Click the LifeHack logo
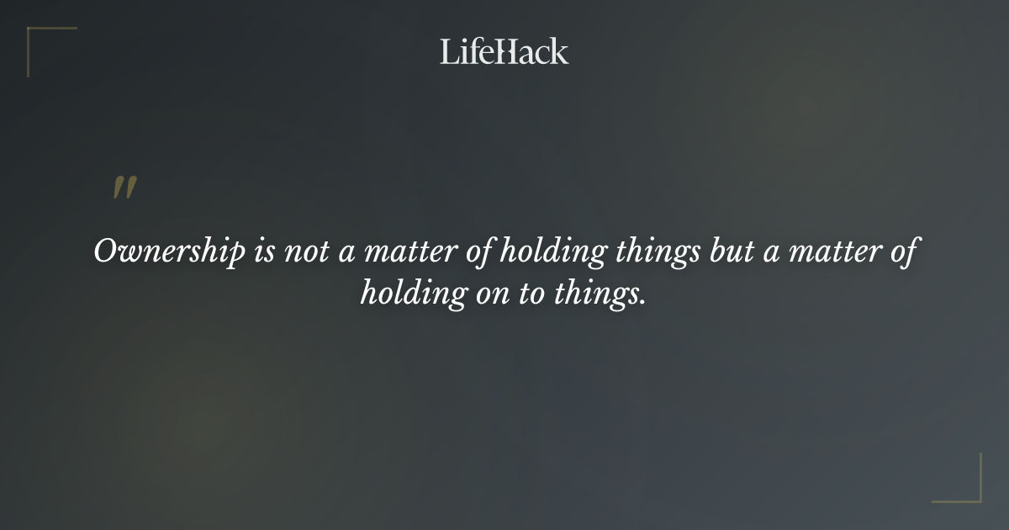504,51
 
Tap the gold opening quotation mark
124,188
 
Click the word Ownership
169,252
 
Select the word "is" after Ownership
263,252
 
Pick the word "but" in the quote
731,252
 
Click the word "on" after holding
492,294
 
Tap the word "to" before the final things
533,294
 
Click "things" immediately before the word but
656,252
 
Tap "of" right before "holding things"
479,252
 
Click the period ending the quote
642,301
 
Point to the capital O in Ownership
105,252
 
